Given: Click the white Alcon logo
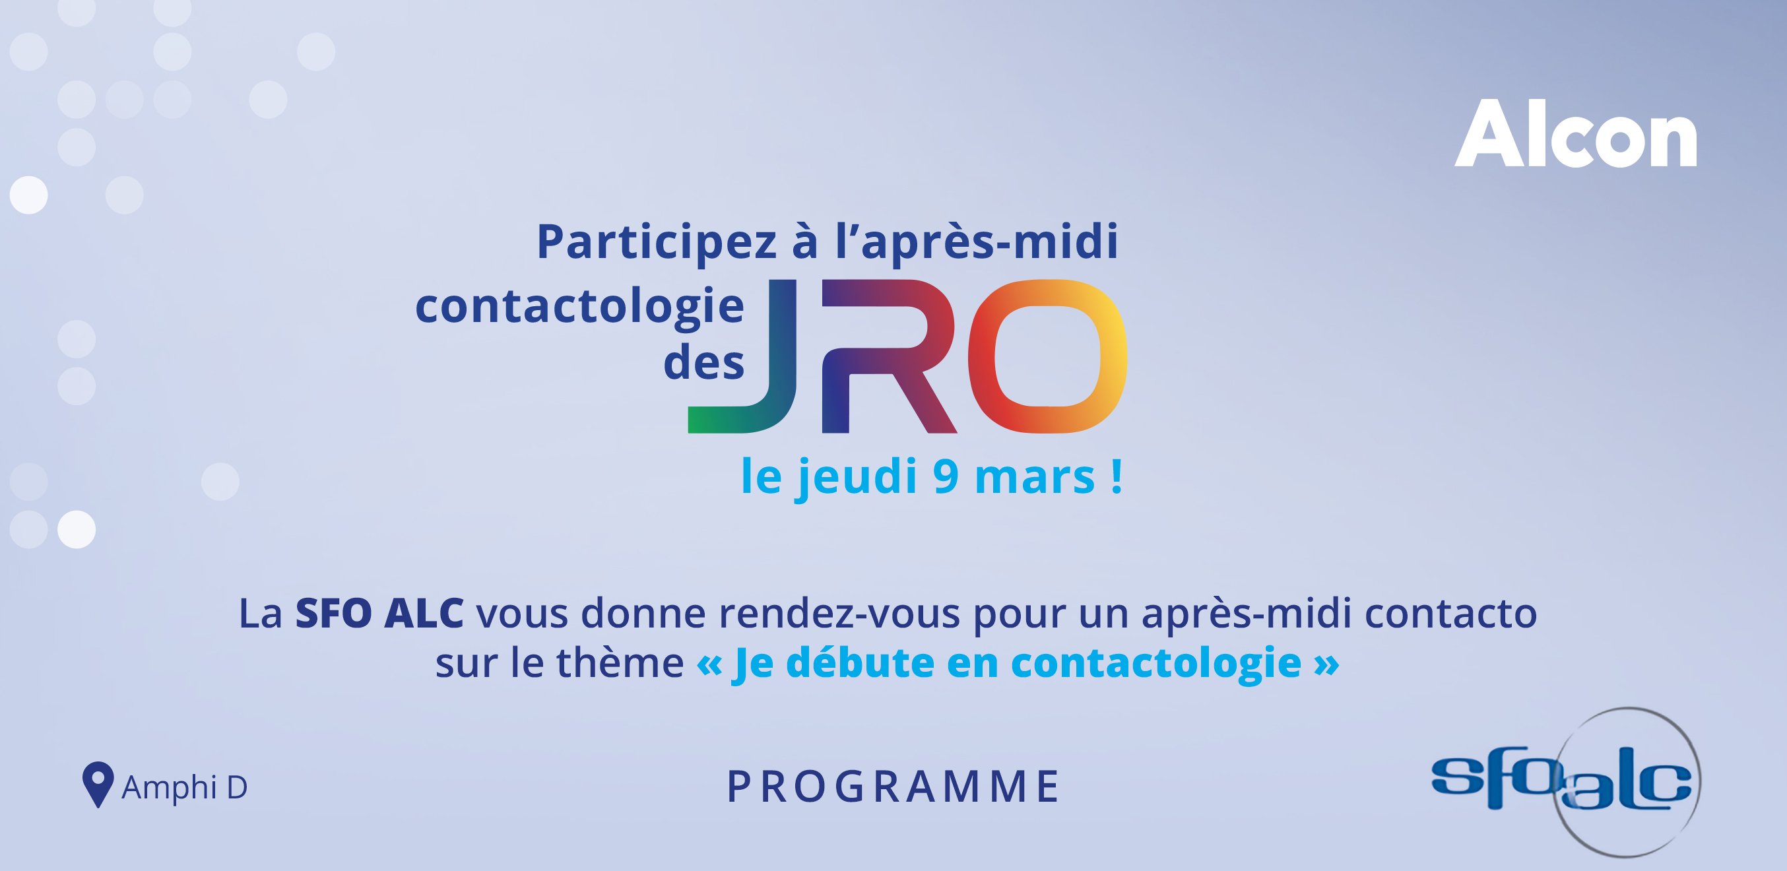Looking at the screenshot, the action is (x=1575, y=133).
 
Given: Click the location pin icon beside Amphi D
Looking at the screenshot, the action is (x=98, y=785).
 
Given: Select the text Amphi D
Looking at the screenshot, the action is (x=185, y=787).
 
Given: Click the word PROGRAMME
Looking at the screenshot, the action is (x=893, y=787).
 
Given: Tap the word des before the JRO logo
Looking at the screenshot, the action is (x=703, y=362).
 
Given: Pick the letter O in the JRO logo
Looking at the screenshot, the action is (x=1047, y=356).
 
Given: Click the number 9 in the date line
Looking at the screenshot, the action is (x=946, y=476).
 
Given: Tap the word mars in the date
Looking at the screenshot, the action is (x=1034, y=478).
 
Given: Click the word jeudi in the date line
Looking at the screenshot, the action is (x=857, y=478).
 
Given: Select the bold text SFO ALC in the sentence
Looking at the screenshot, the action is (x=379, y=613).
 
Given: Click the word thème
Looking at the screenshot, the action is (x=620, y=662).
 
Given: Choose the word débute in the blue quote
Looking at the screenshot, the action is (x=861, y=662).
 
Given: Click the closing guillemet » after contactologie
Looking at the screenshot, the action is (x=1326, y=664).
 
